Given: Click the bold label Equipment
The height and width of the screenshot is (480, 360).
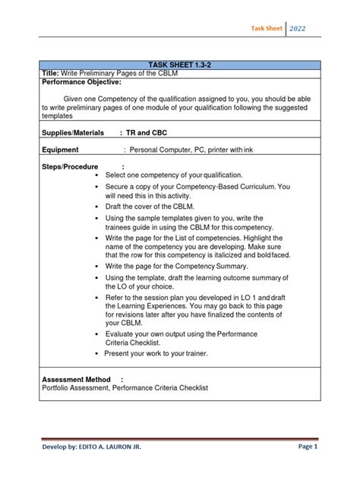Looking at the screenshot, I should click(x=62, y=150).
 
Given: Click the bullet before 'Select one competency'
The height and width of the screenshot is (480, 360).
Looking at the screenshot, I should click(x=98, y=175).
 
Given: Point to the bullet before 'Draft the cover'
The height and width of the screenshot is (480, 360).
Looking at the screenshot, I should click(x=98, y=207).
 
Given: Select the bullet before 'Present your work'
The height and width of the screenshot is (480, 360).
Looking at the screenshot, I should click(x=98, y=355).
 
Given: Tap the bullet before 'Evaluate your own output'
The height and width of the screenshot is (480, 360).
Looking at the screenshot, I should click(x=98, y=334).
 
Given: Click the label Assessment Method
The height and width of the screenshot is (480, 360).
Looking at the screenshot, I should click(x=76, y=379).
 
